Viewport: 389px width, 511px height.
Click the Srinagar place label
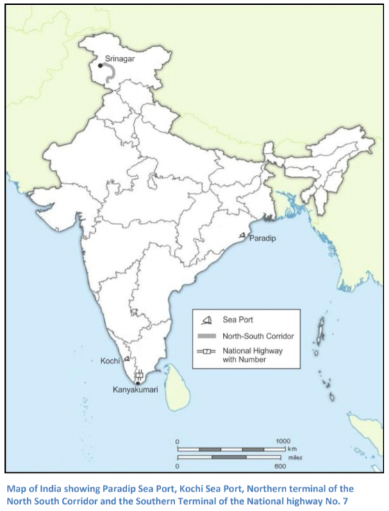[x=119, y=59]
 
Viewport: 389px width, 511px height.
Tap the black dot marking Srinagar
[x=100, y=65]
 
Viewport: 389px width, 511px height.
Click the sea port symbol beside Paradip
[x=242, y=236]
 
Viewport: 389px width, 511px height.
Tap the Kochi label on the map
[x=110, y=361]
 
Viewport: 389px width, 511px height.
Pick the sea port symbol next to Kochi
[x=127, y=359]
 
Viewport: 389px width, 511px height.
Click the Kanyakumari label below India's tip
[x=135, y=390]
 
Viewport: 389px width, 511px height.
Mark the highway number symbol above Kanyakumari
[x=139, y=375]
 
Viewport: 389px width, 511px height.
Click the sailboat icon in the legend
[x=206, y=320]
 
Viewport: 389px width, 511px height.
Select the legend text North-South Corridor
[x=258, y=336]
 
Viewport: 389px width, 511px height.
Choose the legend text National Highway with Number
[x=252, y=356]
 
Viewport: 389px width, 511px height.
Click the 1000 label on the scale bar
[x=283, y=442]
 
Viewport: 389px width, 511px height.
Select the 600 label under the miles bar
[x=280, y=466]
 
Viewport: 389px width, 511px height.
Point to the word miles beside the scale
[x=296, y=458]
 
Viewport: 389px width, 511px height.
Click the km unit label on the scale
[x=292, y=449]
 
